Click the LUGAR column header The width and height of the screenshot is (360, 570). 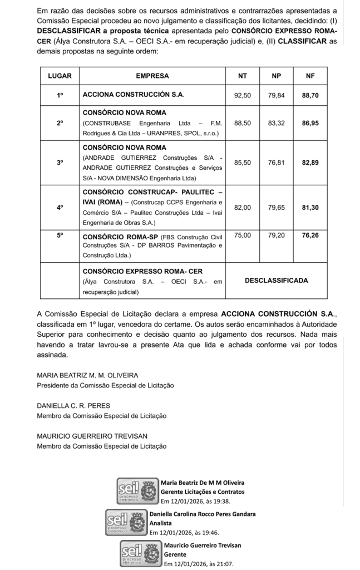point(60,75)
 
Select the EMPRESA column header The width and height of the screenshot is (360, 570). point(152,75)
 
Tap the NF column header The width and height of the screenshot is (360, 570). point(310,75)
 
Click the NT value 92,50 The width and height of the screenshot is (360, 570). point(243,95)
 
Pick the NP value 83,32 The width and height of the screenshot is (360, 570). point(277,122)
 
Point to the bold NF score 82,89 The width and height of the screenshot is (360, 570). point(310,163)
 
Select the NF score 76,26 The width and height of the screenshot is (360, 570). point(310,235)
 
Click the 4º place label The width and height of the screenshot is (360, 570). point(60,207)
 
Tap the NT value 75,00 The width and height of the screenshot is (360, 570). point(243,235)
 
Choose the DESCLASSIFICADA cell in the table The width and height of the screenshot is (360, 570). point(276,281)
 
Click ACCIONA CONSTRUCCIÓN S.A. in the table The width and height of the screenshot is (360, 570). point(133,95)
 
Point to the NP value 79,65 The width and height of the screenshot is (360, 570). point(277,207)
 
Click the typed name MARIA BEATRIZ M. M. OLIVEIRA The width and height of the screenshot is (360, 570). point(87,375)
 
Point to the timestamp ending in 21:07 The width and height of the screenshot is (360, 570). point(198,563)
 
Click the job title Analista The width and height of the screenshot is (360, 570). point(161,523)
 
